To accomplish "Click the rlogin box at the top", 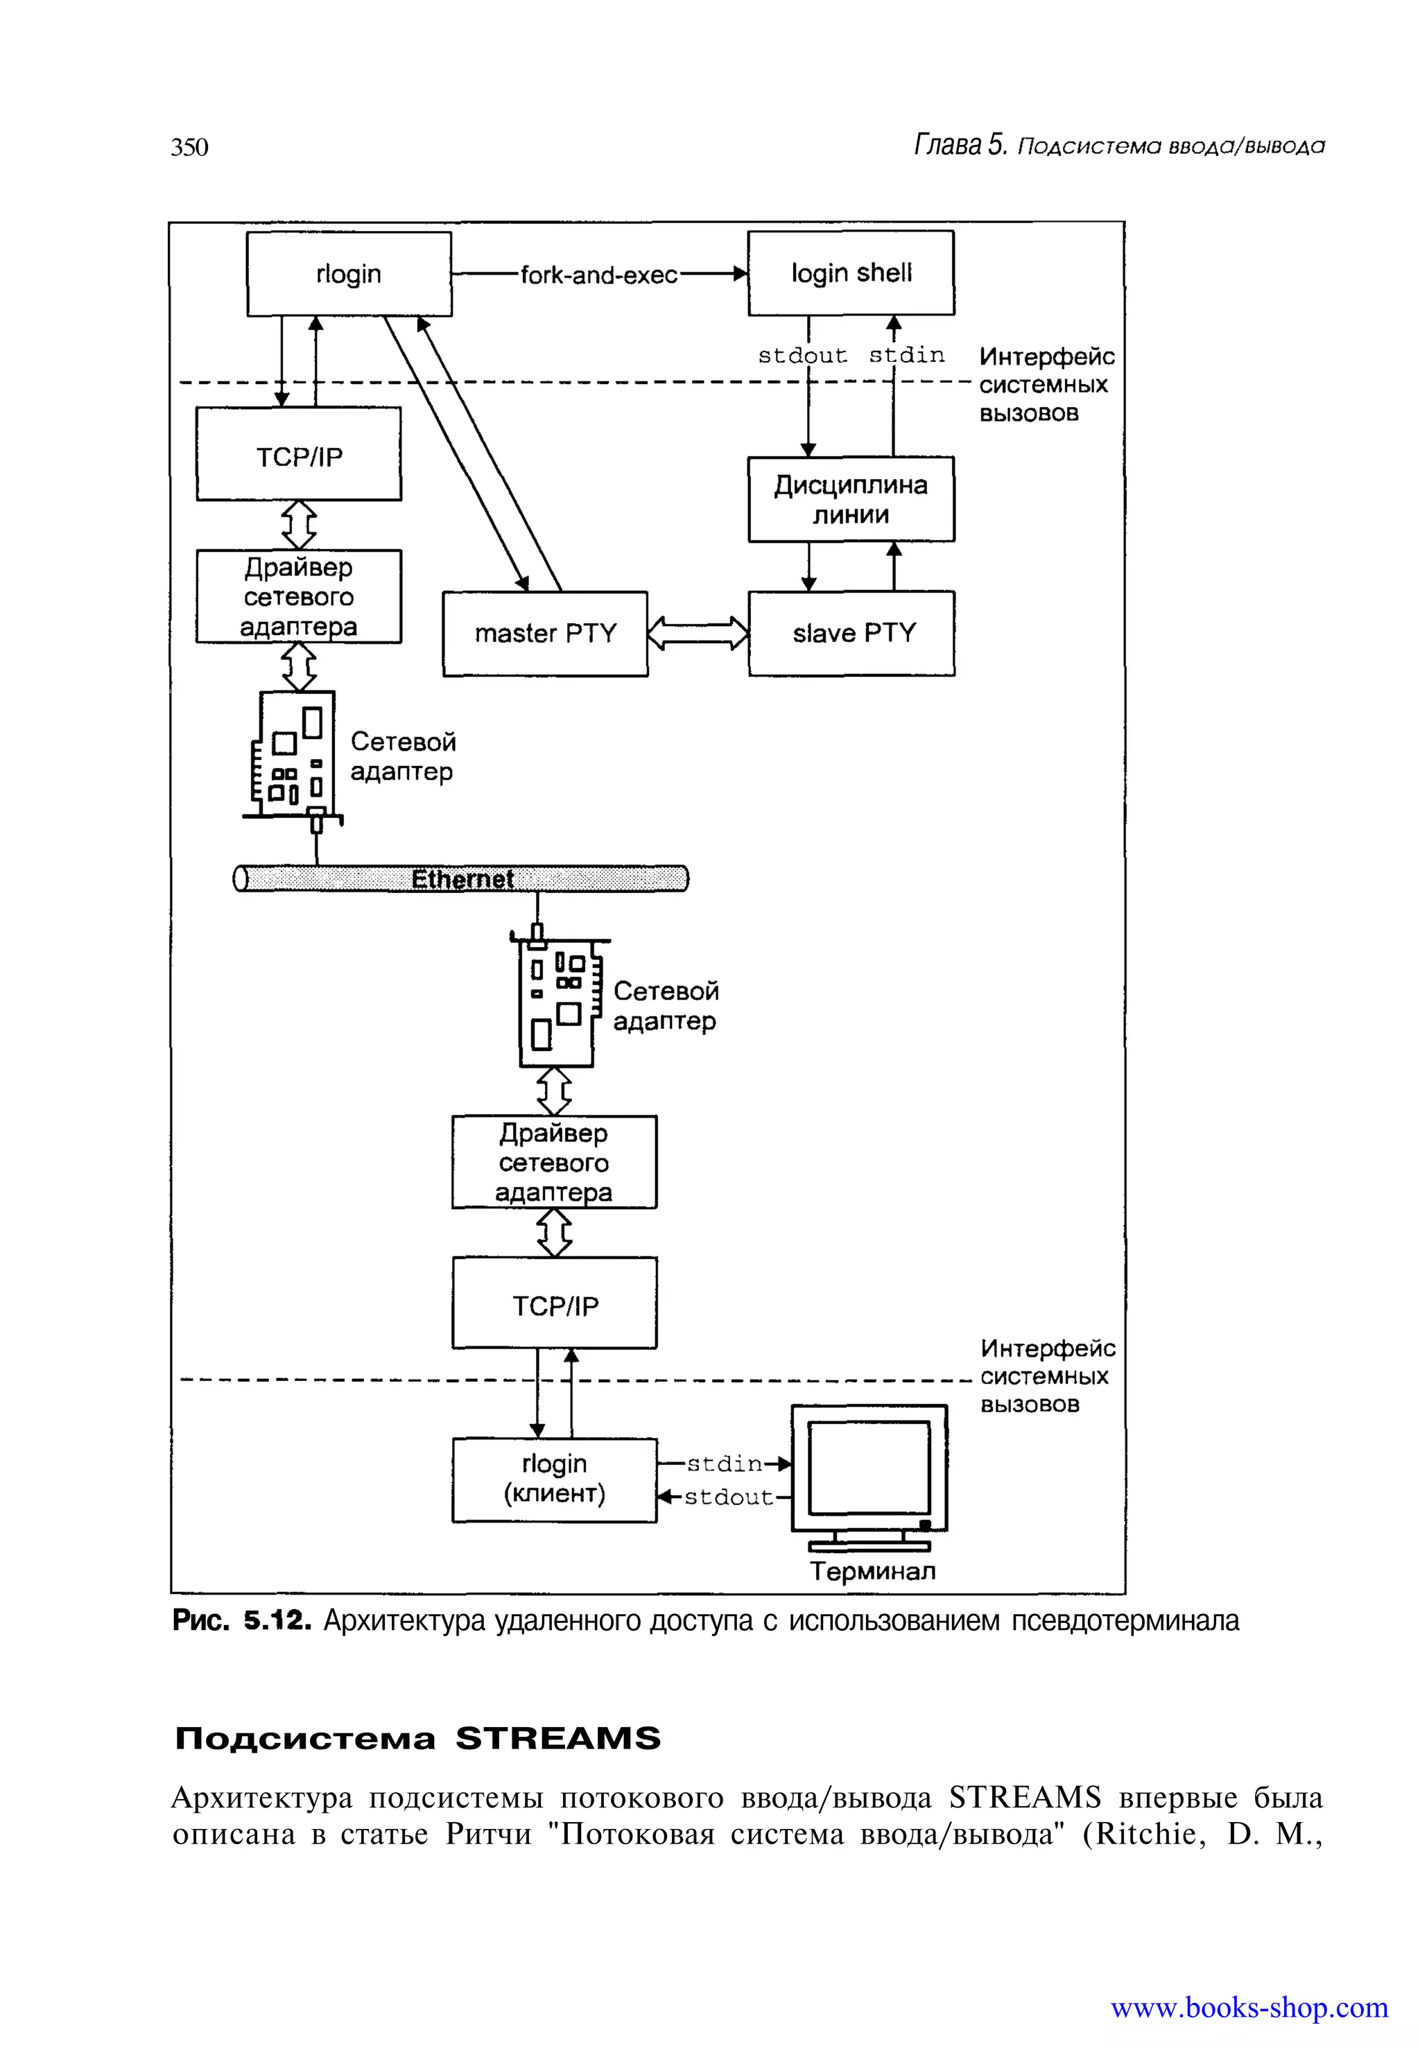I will [349, 274].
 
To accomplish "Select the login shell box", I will [851, 273].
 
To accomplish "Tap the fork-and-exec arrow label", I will [599, 275].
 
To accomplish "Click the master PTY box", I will [546, 634].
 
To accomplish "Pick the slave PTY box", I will [851, 634].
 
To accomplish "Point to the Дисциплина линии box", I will [851, 499].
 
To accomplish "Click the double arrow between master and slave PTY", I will [698, 634].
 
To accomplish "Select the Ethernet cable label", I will [462, 879].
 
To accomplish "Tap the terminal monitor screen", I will [868, 1467].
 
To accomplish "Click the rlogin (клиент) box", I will [554, 1479].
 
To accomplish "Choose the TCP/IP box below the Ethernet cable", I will [554, 1305].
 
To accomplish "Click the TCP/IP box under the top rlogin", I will [299, 456].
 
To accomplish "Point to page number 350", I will [189, 147].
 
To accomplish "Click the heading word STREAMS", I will [558, 1737].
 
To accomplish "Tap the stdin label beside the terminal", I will [725, 1464].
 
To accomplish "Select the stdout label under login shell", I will [802, 356].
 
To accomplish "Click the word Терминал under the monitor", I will [872, 1571].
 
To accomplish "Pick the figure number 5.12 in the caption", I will [277, 1621].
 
